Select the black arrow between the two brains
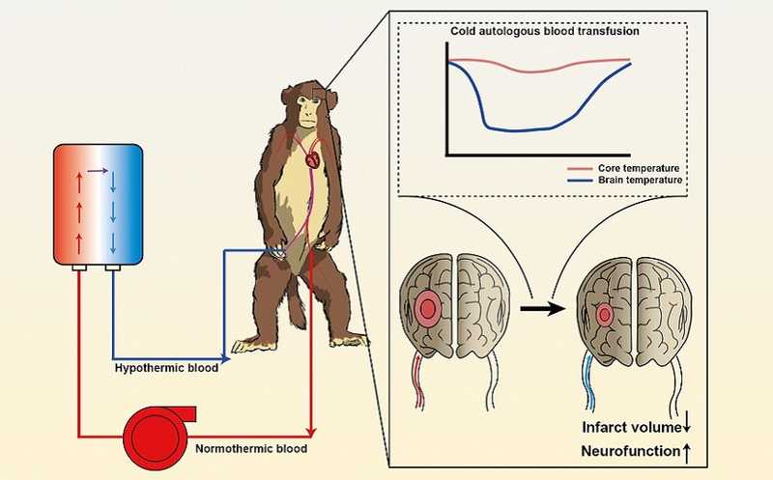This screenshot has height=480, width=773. click(x=537, y=311)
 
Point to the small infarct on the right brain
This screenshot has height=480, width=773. click(x=605, y=315)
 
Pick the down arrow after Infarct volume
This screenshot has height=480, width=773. click(x=687, y=426)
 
